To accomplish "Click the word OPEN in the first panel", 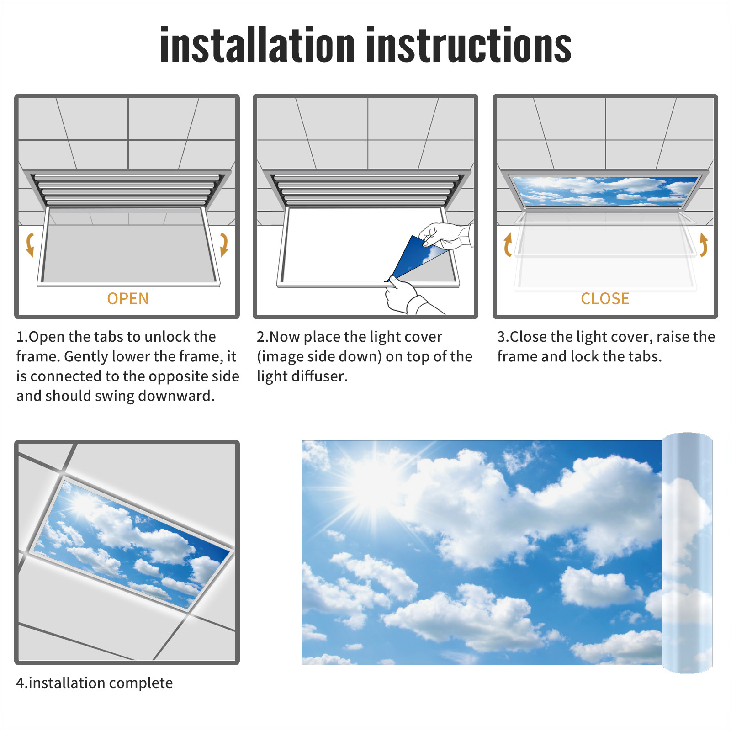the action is pyautogui.click(x=128, y=299).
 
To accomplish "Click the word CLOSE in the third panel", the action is pyautogui.click(x=605, y=299).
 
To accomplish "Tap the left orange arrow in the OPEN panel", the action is pyautogui.click(x=30, y=244).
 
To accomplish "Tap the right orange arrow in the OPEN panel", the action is pyautogui.click(x=224, y=244).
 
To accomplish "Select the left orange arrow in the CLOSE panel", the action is pyautogui.click(x=507, y=244).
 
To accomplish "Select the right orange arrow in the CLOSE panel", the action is pyautogui.click(x=704, y=244).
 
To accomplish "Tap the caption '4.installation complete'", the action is pyautogui.click(x=95, y=683).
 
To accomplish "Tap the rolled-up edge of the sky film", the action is pyautogui.click(x=687, y=553).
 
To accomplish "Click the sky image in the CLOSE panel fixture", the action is pyautogui.click(x=605, y=191).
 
